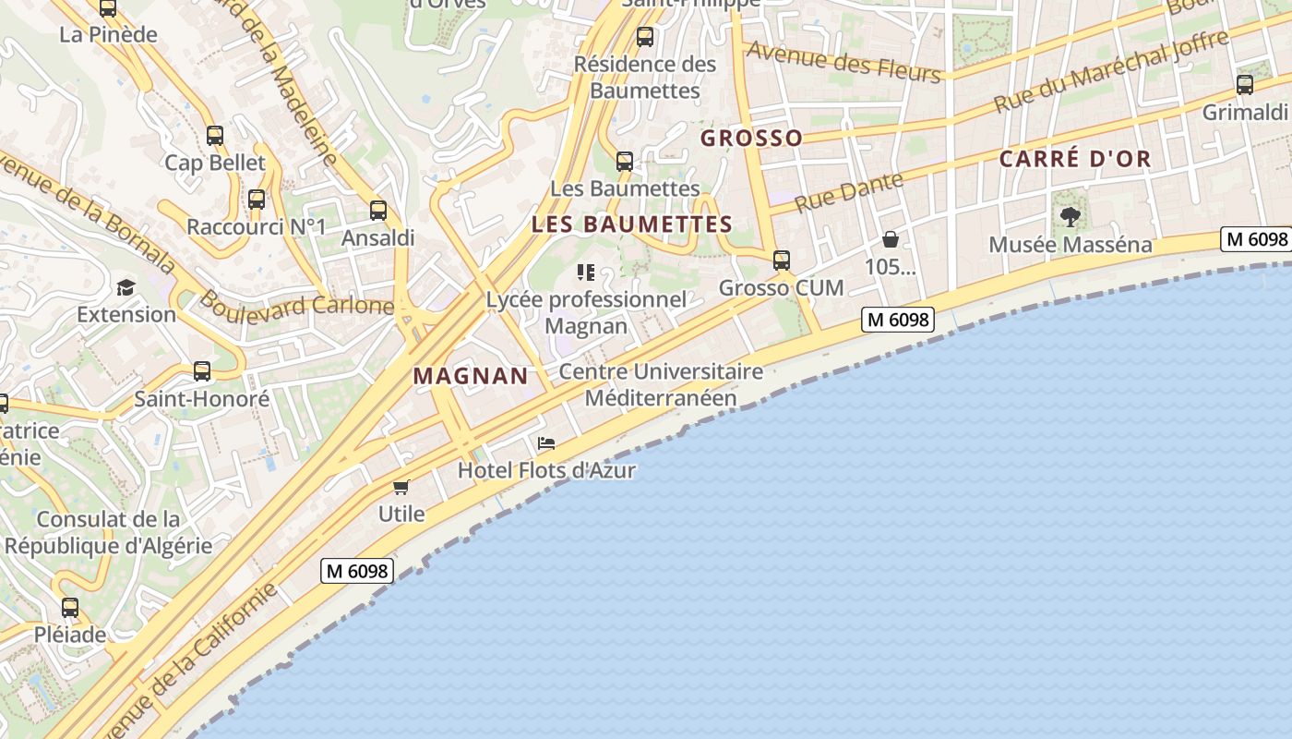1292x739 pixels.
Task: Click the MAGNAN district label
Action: coord(471,376)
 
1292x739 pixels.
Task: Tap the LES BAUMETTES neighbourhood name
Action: coord(632,224)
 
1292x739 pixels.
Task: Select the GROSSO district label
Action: coord(751,139)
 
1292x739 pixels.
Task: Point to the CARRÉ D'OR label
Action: coord(1075,159)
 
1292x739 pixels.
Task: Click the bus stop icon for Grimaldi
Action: coord(1245,85)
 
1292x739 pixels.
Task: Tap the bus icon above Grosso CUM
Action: coord(782,260)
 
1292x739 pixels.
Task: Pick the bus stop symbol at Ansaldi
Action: coord(378,211)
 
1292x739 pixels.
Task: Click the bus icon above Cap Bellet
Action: coord(215,136)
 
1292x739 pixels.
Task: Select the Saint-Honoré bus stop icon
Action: coord(202,371)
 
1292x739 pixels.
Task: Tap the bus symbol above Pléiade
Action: coord(70,608)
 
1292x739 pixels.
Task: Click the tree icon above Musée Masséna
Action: coord(1071,217)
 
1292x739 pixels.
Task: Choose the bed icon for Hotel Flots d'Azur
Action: coord(546,443)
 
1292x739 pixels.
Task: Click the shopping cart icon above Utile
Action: coord(401,487)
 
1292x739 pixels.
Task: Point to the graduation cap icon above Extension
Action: coord(126,287)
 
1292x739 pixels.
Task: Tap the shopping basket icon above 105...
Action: coord(891,240)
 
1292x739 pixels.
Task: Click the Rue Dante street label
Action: coord(848,192)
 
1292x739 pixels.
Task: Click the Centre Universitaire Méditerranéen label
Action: coord(661,384)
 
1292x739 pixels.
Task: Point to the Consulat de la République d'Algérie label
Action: coord(108,532)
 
